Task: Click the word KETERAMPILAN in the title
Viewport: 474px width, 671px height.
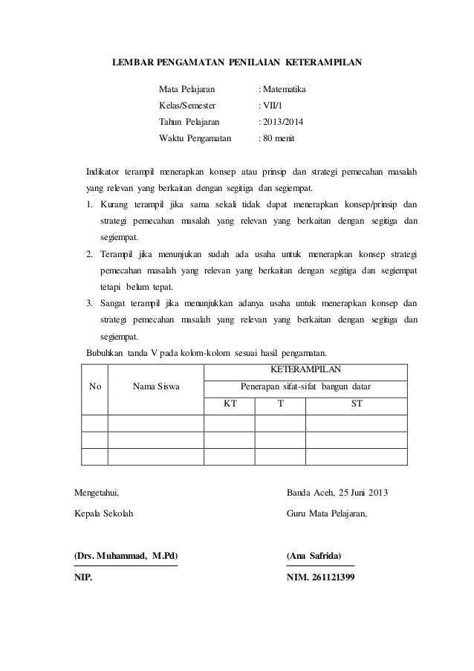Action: click(x=324, y=63)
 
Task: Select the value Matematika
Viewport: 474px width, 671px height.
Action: click(x=284, y=90)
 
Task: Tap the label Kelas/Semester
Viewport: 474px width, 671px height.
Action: click(x=190, y=106)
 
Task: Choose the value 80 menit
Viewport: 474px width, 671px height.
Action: click(x=279, y=138)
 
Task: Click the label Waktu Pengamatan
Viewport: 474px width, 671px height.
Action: click(x=195, y=138)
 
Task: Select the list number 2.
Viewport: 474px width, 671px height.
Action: click(x=88, y=254)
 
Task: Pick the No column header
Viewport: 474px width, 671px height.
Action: click(x=95, y=386)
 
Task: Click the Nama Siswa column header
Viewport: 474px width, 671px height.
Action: click(x=156, y=386)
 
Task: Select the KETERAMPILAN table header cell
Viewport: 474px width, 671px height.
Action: click(x=305, y=369)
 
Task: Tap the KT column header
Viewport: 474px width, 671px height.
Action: click(x=230, y=405)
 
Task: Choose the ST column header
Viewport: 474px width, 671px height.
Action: click(x=357, y=405)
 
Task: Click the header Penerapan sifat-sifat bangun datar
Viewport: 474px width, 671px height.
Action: click(x=305, y=386)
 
